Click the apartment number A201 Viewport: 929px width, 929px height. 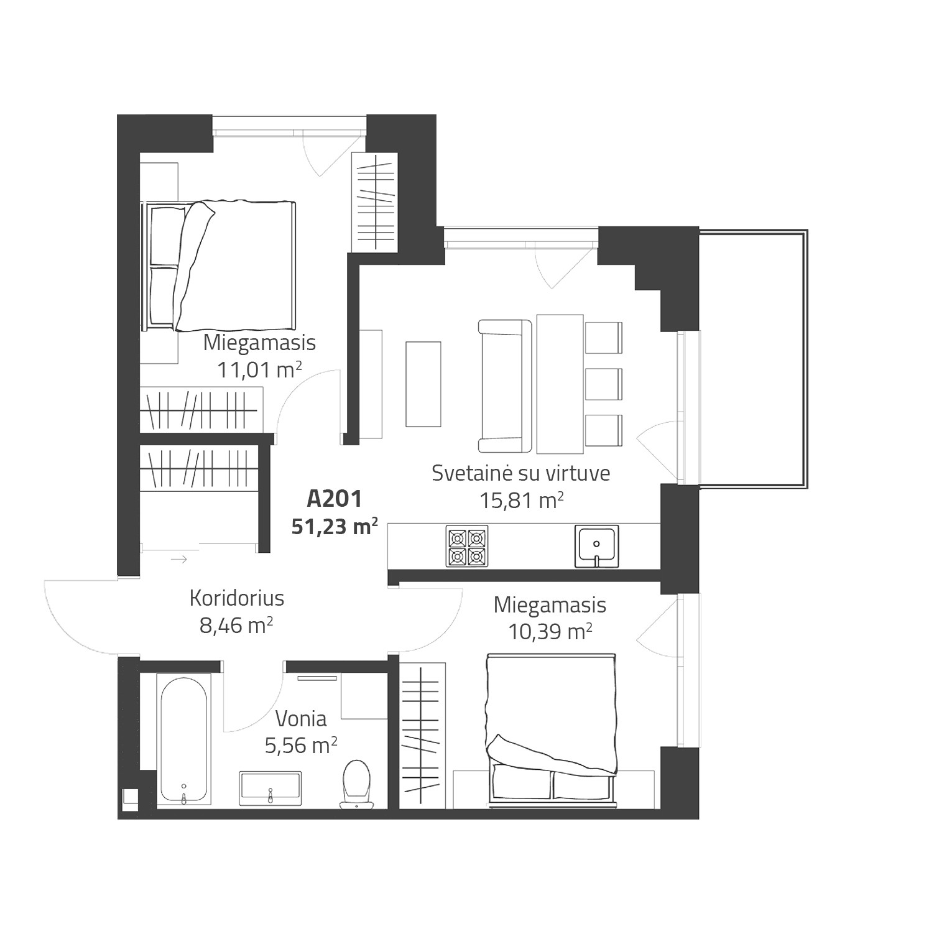pyautogui.click(x=334, y=499)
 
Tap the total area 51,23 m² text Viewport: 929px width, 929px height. pyautogui.click(x=335, y=527)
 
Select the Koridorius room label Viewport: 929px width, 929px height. pyautogui.click(x=237, y=598)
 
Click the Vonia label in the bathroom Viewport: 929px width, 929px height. pyautogui.click(x=301, y=719)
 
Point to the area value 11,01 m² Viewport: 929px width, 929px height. pyautogui.click(x=259, y=369)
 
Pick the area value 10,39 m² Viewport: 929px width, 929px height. pyautogui.click(x=550, y=631)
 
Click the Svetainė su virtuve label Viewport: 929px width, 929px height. pyautogui.click(x=521, y=473)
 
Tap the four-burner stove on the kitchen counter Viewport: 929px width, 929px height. pyautogui.click(x=467, y=546)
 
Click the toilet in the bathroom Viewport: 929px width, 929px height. pyautogui.click(x=356, y=784)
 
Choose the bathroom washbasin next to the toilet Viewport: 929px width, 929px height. pyautogui.click(x=270, y=788)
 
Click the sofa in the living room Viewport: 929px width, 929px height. pyautogui.click(x=505, y=386)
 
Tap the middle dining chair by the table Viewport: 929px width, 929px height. pyautogui.click(x=603, y=384)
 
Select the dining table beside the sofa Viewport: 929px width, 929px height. pyautogui.click(x=560, y=384)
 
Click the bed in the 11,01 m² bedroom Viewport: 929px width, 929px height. pyautogui.click(x=219, y=266)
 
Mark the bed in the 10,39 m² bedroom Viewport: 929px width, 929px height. pyautogui.click(x=552, y=731)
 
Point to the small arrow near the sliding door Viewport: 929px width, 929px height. pyautogui.click(x=179, y=560)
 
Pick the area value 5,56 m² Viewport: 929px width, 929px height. pyautogui.click(x=301, y=745)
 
